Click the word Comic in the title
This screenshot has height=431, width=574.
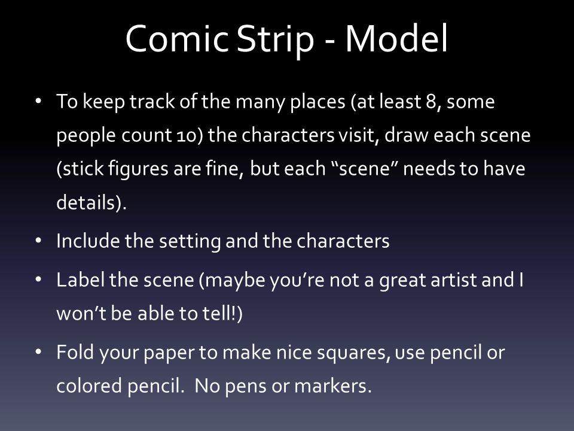(177, 39)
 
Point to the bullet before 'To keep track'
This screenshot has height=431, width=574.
(38, 101)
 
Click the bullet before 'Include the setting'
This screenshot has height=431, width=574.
(38, 241)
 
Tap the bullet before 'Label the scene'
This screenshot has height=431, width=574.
(38, 280)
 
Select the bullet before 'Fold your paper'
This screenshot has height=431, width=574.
(38, 352)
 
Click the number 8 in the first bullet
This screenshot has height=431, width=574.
(430, 102)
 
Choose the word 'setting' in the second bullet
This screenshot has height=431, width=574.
(190, 242)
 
